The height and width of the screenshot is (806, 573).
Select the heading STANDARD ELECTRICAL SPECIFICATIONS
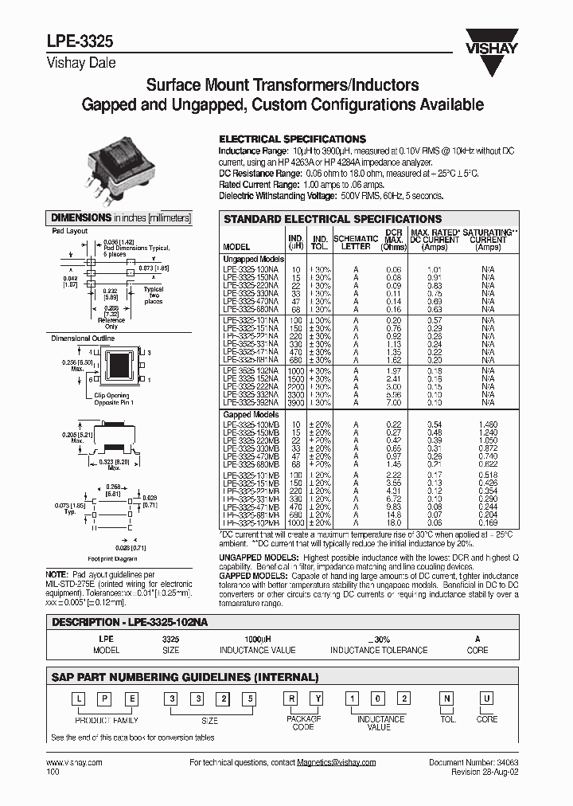coord(333,218)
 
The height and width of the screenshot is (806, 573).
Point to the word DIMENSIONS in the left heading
coord(80,217)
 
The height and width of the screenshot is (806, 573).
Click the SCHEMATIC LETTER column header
coord(355,242)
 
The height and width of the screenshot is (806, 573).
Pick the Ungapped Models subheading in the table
coord(254,259)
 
